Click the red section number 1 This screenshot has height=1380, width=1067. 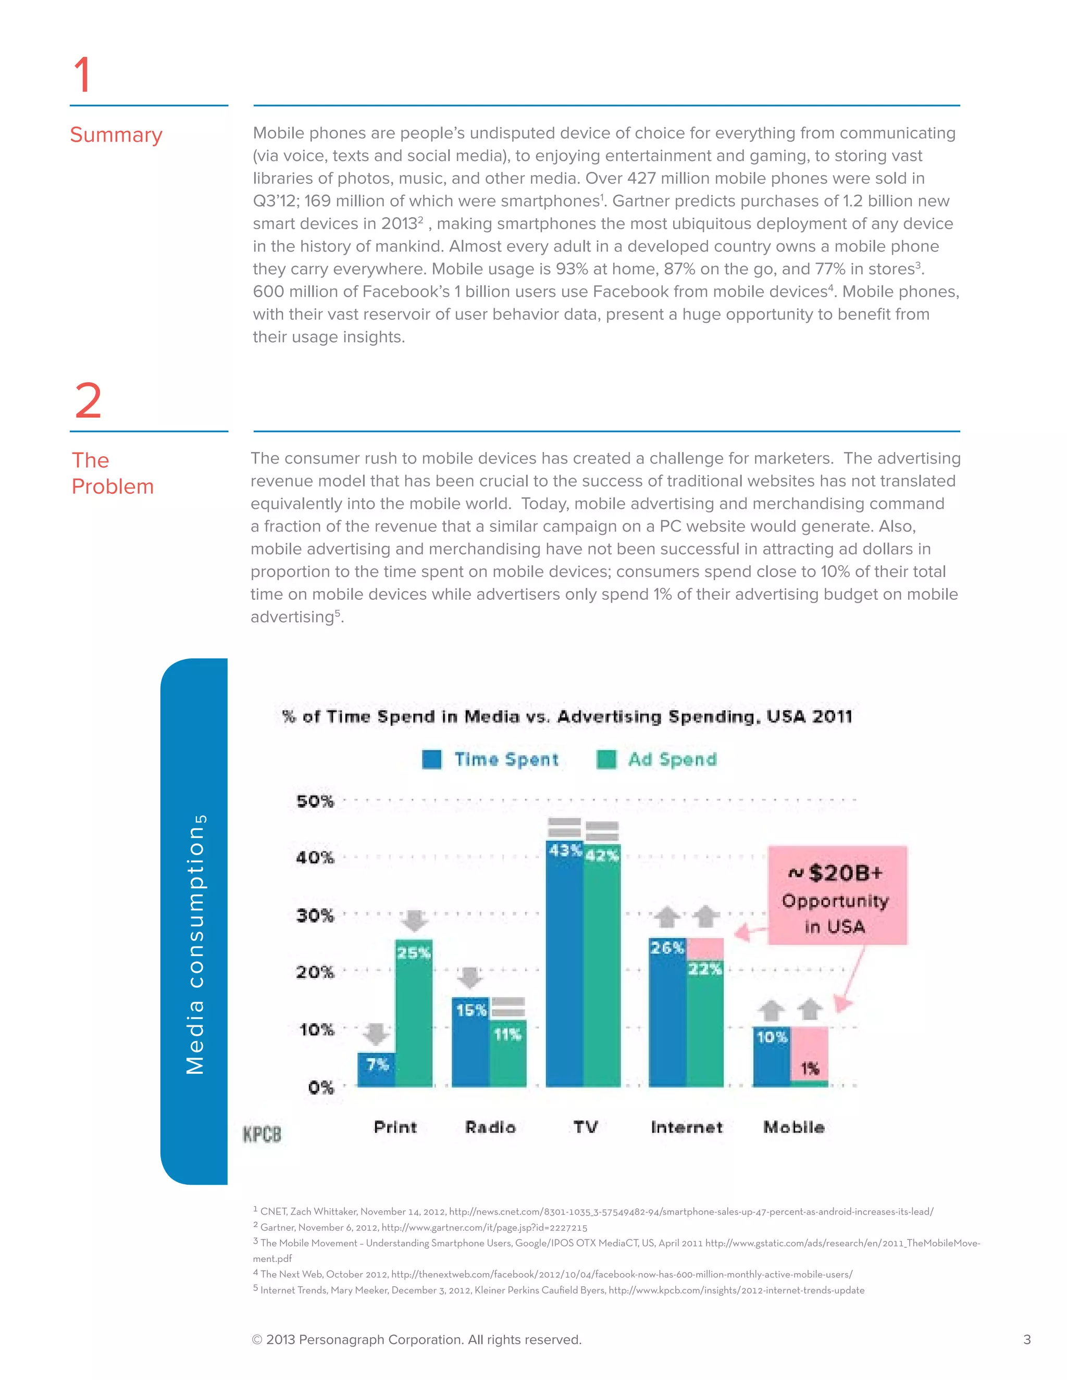pyautogui.click(x=83, y=74)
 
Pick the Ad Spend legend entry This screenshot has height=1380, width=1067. pyautogui.click(x=657, y=759)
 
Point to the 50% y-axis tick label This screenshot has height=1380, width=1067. pyautogui.click(x=315, y=801)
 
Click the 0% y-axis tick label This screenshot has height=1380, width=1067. pyautogui.click(x=320, y=1087)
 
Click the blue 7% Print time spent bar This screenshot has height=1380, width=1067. pyautogui.click(x=377, y=1070)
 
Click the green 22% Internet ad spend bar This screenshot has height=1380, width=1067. pyautogui.click(x=705, y=1030)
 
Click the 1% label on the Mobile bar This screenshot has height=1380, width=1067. pyautogui.click(x=810, y=1069)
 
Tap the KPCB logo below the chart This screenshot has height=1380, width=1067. pyautogui.click(x=262, y=1134)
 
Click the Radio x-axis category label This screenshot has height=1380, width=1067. pyautogui.click(x=490, y=1127)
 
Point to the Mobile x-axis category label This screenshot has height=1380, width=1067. pyautogui.click(x=794, y=1127)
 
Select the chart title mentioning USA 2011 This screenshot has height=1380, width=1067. pyautogui.click(x=567, y=717)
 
